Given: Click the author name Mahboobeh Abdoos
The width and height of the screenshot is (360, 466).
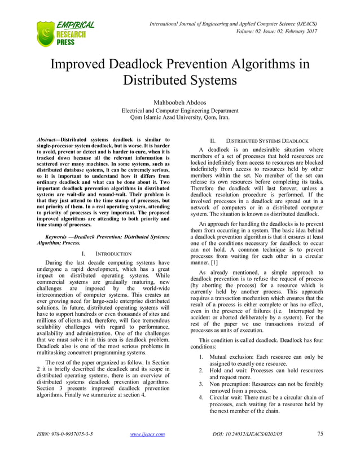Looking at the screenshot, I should (180, 102).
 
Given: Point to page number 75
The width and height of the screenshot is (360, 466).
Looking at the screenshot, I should (320, 450).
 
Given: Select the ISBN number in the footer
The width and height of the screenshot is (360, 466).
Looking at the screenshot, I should (65, 450).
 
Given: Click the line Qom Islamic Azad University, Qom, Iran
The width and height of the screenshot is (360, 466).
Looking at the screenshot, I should (180, 118).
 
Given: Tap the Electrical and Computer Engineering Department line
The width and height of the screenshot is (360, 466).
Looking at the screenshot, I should (180, 111).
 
